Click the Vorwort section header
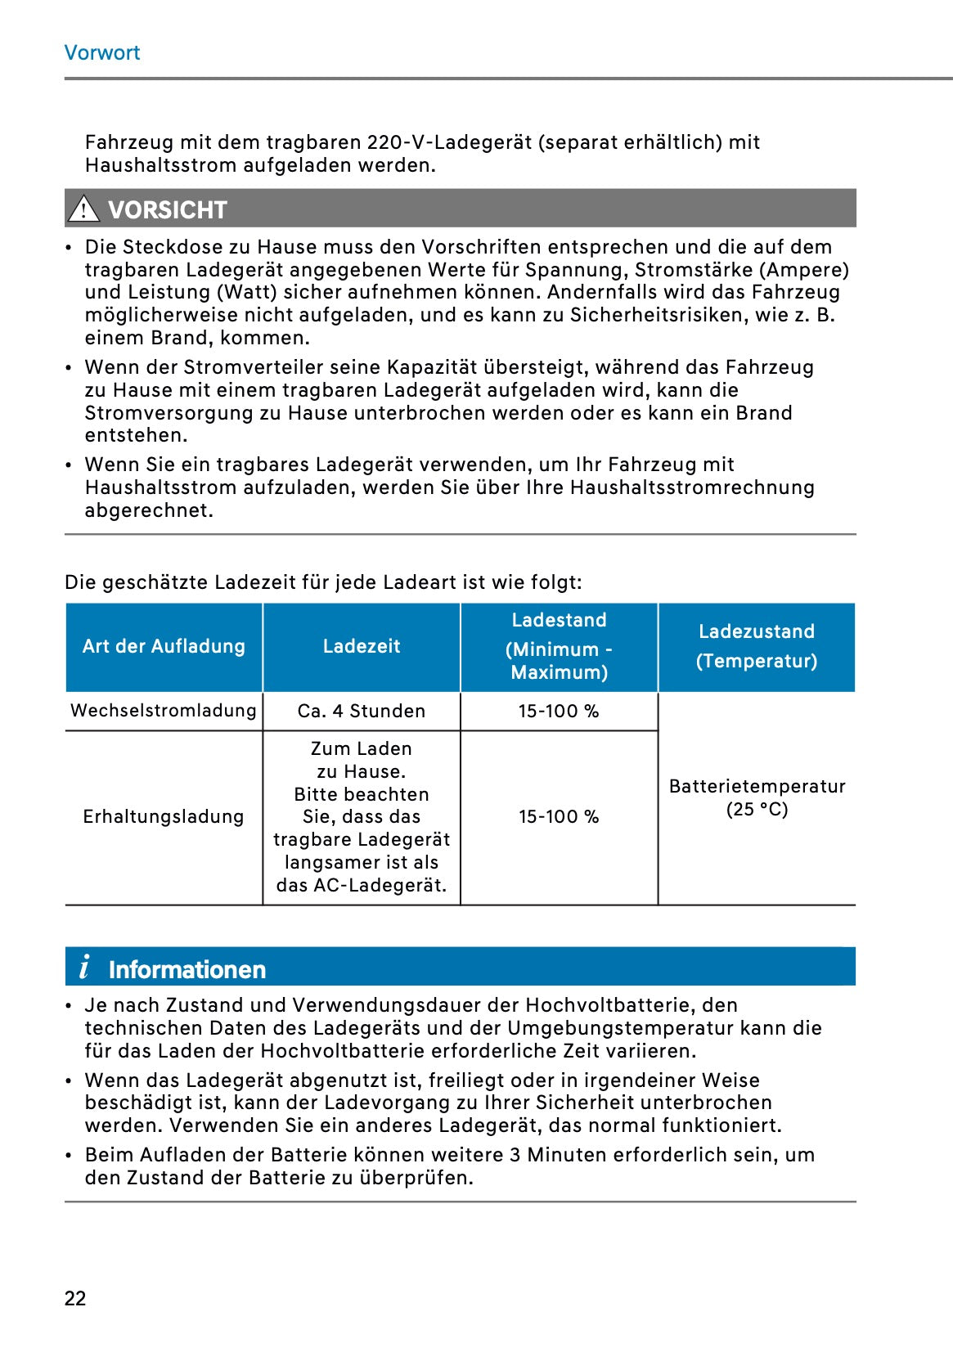coord(102,52)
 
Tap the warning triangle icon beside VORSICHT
coord(83,209)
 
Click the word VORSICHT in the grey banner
coord(168,210)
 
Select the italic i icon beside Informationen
coord(84,968)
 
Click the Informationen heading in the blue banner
coord(187,970)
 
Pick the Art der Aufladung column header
coord(164,646)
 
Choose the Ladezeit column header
coord(362,646)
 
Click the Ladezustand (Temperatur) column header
coord(757,646)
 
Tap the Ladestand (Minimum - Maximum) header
coord(559,646)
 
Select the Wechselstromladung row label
coord(164,710)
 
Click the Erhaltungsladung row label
coord(164,816)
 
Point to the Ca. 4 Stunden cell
coord(362,711)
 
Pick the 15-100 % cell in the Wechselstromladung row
coord(559,711)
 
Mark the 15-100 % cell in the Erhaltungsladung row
coord(559,816)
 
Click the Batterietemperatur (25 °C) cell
coord(757,797)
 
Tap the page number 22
coord(75,1298)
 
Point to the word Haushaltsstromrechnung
coord(692,487)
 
